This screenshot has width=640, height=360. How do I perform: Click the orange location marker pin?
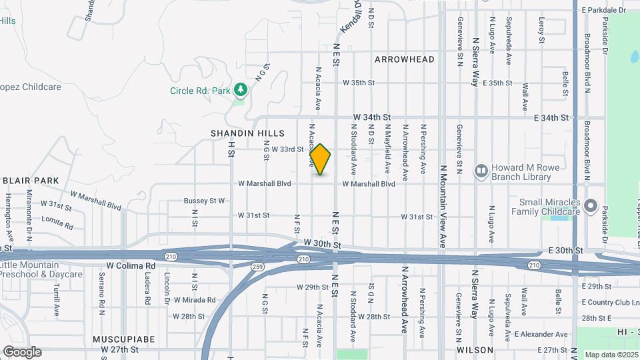321,159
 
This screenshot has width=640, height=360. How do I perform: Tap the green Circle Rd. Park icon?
240,90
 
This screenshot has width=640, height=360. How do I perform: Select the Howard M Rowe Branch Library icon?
481,172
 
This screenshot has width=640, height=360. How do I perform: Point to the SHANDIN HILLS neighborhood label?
247,133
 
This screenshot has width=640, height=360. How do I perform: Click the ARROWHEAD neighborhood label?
404,59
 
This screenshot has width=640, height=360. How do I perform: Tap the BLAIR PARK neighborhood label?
31,181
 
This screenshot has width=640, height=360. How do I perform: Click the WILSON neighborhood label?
475,350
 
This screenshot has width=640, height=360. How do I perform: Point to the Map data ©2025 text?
611,355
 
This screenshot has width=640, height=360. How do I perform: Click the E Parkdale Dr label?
604,10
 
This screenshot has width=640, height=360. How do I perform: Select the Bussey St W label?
204,201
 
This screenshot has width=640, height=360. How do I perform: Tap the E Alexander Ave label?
541,335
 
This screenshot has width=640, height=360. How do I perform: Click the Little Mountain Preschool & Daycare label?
41,269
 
